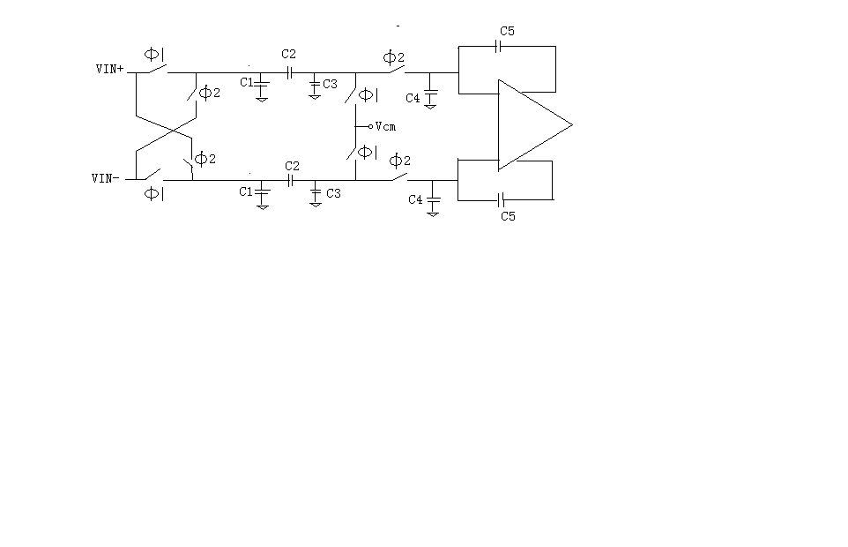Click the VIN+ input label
pos(110,69)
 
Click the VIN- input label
pos(106,178)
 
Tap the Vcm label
pos(385,127)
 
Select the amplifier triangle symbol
pos(535,125)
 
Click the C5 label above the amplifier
pos(507,31)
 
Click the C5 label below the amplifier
pos(509,216)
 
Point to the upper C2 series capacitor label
pos(289,54)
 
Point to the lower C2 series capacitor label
pos(292,166)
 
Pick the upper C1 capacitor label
pos(247,82)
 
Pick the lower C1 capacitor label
pos(246,191)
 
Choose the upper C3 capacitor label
pos(330,84)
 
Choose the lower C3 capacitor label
pos(334,193)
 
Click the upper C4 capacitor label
pos(413,98)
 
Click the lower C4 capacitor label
pos(415,199)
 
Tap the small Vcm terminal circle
pos(370,127)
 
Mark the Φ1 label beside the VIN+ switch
pos(154,54)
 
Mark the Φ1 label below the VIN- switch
pos(154,193)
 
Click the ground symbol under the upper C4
pos(430,107)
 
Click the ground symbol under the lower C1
pos(263,207)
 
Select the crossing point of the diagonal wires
pos(173,130)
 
